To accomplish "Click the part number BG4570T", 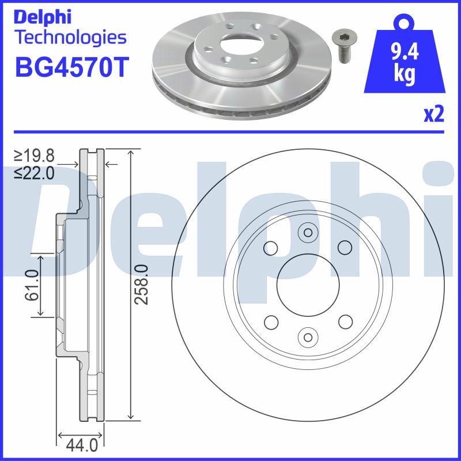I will [69, 68].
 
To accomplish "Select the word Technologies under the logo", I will [70, 38].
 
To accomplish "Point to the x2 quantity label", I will [434, 115].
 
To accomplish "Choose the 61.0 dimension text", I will [32, 285].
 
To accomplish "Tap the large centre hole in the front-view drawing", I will [306, 285].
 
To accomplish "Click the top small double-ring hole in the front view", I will [307, 233].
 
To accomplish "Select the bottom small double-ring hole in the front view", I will [307, 336].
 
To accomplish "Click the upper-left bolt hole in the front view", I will [269, 248].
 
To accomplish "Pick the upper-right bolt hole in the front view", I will [345, 248].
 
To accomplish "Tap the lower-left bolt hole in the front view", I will [269, 322].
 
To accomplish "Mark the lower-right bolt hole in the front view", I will [345, 322].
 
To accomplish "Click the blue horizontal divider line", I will [231, 132].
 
